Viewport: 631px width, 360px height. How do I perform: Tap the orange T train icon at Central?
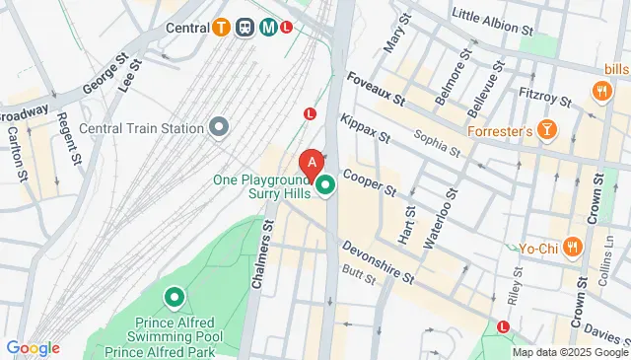coord(225,28)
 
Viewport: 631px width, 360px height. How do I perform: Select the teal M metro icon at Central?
coord(267,28)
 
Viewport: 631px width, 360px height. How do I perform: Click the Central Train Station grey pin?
coord(219,127)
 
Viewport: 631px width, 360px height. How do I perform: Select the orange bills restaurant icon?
coord(600,91)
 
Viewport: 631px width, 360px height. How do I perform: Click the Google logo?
coord(33,348)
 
